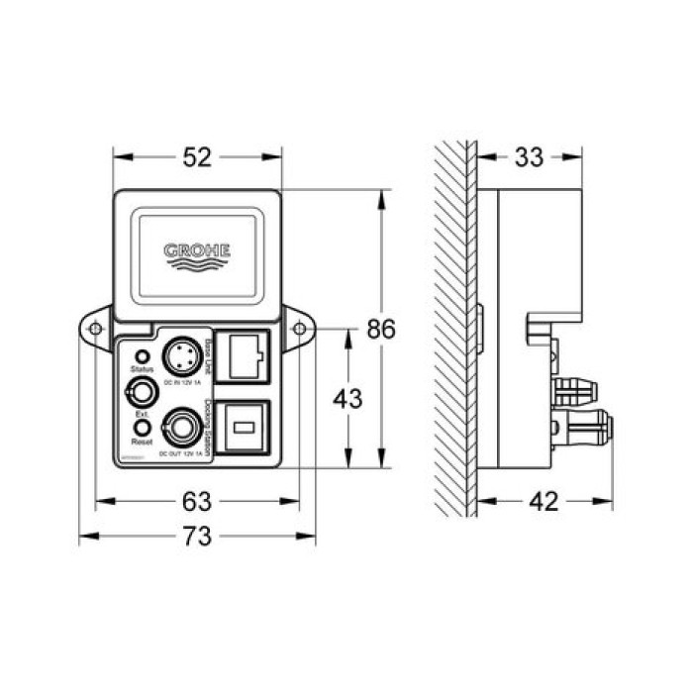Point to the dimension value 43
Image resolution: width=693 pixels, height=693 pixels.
click(x=346, y=399)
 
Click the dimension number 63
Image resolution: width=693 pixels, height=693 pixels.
click(x=198, y=501)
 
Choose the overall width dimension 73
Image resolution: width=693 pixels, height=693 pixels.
click(x=198, y=537)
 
